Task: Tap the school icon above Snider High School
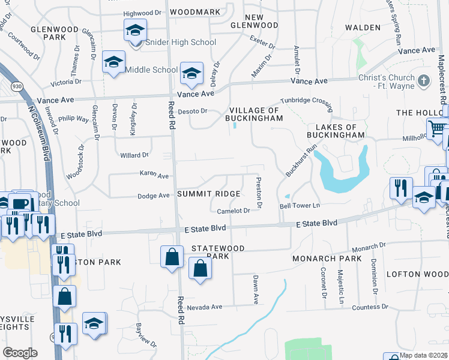tap(136, 29)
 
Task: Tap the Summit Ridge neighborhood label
tap(208, 194)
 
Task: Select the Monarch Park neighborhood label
tap(327, 259)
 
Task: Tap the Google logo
tap(20, 353)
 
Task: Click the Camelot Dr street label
tap(233, 211)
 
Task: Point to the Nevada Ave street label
tap(204, 307)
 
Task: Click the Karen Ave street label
tap(154, 176)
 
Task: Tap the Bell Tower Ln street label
tap(300, 206)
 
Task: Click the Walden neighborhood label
tap(363, 28)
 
